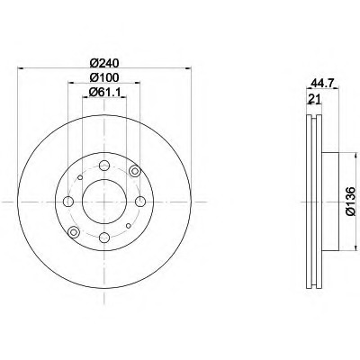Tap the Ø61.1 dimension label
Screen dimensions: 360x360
pyautogui.click(x=105, y=93)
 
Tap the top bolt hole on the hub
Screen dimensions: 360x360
pyautogui.click(x=104, y=166)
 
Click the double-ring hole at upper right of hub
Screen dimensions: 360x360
pyautogui.click(x=135, y=172)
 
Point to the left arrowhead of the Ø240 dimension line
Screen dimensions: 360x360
pyautogui.click(x=20, y=69)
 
